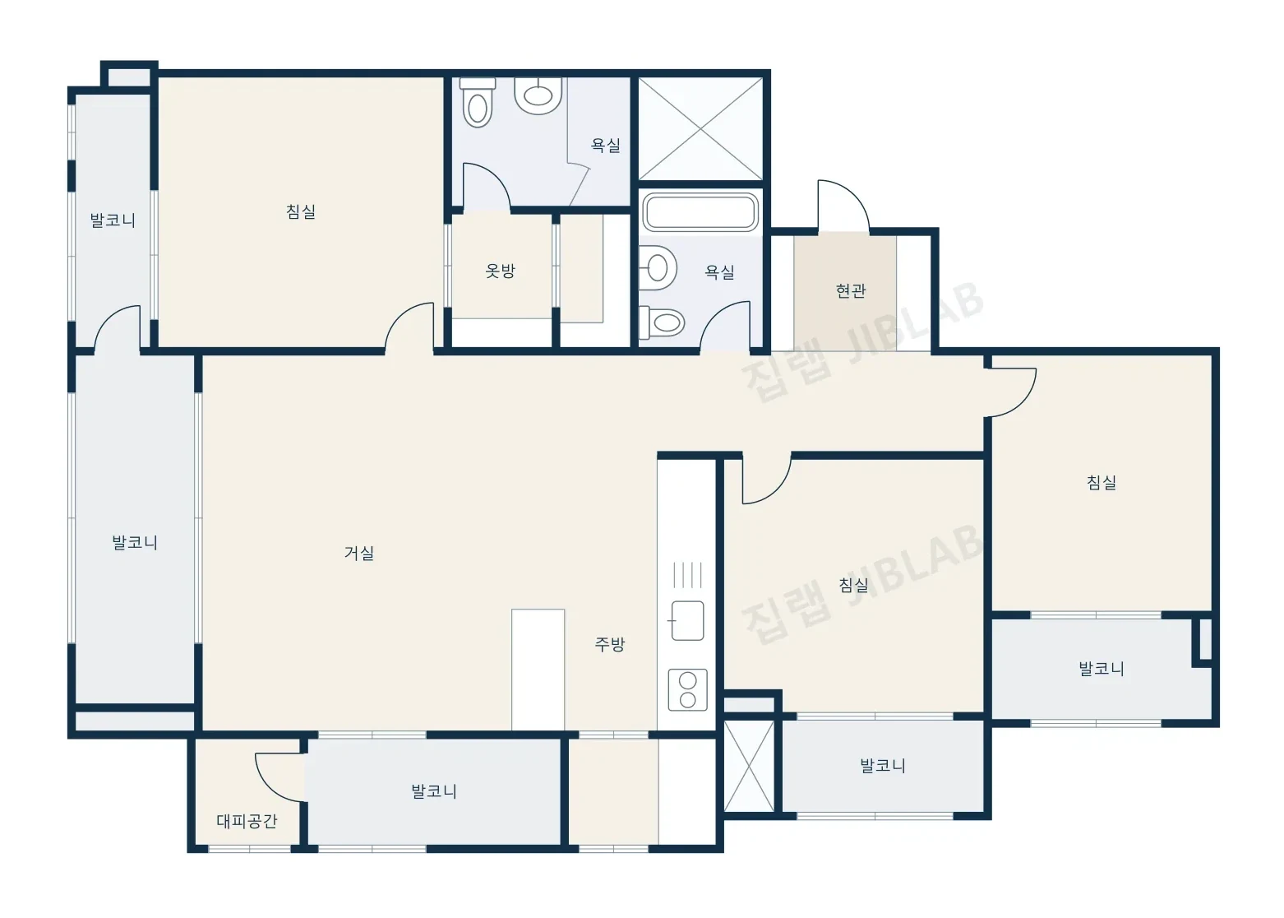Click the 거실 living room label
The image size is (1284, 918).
pyautogui.click(x=359, y=553)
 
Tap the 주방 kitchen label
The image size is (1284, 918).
pyautogui.click(x=609, y=644)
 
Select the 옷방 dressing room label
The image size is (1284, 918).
pyautogui.click(x=500, y=271)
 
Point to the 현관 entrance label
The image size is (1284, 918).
pyautogui.click(x=851, y=290)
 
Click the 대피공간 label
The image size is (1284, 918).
pyautogui.click(x=247, y=821)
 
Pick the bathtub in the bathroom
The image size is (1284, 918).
pyautogui.click(x=700, y=212)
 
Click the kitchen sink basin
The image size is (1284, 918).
pyautogui.click(x=687, y=620)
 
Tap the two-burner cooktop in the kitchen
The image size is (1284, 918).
pyautogui.click(x=687, y=689)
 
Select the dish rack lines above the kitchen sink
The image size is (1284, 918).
pyautogui.click(x=687, y=575)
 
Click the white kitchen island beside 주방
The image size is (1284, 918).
pyautogui.click(x=538, y=670)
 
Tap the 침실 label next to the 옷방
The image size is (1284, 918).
pyautogui.click(x=301, y=211)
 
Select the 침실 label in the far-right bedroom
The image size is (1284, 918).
pyautogui.click(x=1102, y=483)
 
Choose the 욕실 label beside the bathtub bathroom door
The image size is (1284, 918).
pyautogui.click(x=719, y=272)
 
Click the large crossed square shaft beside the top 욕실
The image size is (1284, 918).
pyautogui.click(x=700, y=129)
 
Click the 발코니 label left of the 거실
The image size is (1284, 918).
pyautogui.click(x=135, y=542)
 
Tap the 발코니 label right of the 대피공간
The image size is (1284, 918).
pyautogui.click(x=434, y=791)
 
